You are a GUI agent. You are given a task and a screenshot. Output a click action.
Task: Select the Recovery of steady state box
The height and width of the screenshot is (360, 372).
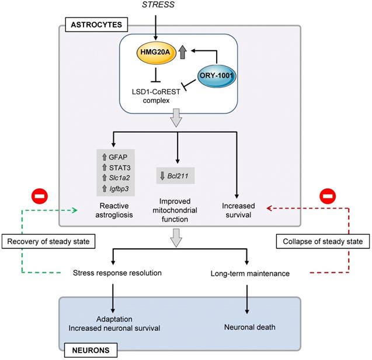(51, 241)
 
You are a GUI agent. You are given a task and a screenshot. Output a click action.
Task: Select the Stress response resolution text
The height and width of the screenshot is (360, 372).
(117, 272)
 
